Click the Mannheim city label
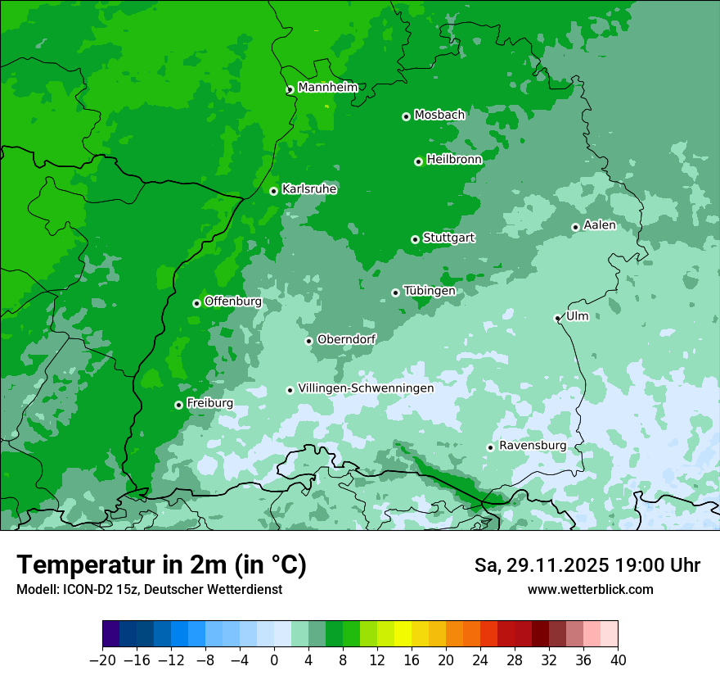(x=327, y=88)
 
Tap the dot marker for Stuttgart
(x=415, y=239)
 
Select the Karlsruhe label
(x=309, y=189)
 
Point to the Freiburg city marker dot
(x=178, y=405)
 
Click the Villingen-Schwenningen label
(x=366, y=388)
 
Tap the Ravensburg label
(x=533, y=446)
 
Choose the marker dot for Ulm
(x=557, y=318)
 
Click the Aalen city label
(x=600, y=225)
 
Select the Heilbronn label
(x=454, y=160)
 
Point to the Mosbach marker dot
(x=406, y=116)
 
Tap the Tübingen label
(x=430, y=291)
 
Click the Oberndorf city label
(x=346, y=339)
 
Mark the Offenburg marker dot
(x=196, y=303)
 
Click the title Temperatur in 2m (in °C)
(x=162, y=565)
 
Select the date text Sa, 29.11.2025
(x=540, y=565)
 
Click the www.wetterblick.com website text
(x=591, y=590)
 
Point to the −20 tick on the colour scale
(x=102, y=660)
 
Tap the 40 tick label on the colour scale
(x=618, y=660)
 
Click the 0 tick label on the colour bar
(x=274, y=660)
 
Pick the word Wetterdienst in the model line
(x=250, y=590)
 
